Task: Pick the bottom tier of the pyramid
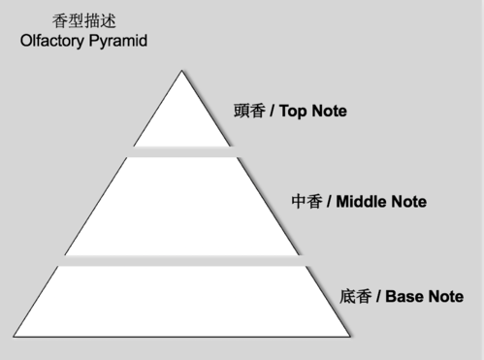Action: (x=181, y=300)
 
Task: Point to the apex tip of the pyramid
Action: (x=181, y=73)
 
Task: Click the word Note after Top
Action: (x=329, y=111)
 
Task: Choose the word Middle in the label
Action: (x=361, y=202)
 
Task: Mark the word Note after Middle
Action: (x=408, y=202)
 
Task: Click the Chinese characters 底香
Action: (x=355, y=296)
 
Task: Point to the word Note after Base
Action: (x=445, y=296)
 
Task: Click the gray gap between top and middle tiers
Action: (x=181, y=150)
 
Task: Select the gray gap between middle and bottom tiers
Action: (x=181, y=260)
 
